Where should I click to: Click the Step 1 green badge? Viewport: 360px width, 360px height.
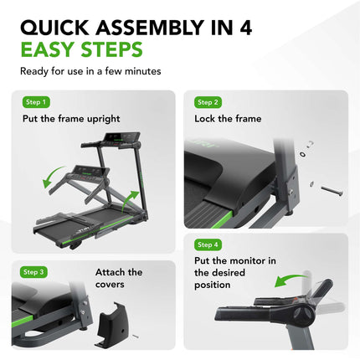click(37, 102)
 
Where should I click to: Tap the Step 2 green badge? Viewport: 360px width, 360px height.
click(208, 102)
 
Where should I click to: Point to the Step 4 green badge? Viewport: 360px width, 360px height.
click(208, 244)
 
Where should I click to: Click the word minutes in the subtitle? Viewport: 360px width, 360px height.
click(144, 71)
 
